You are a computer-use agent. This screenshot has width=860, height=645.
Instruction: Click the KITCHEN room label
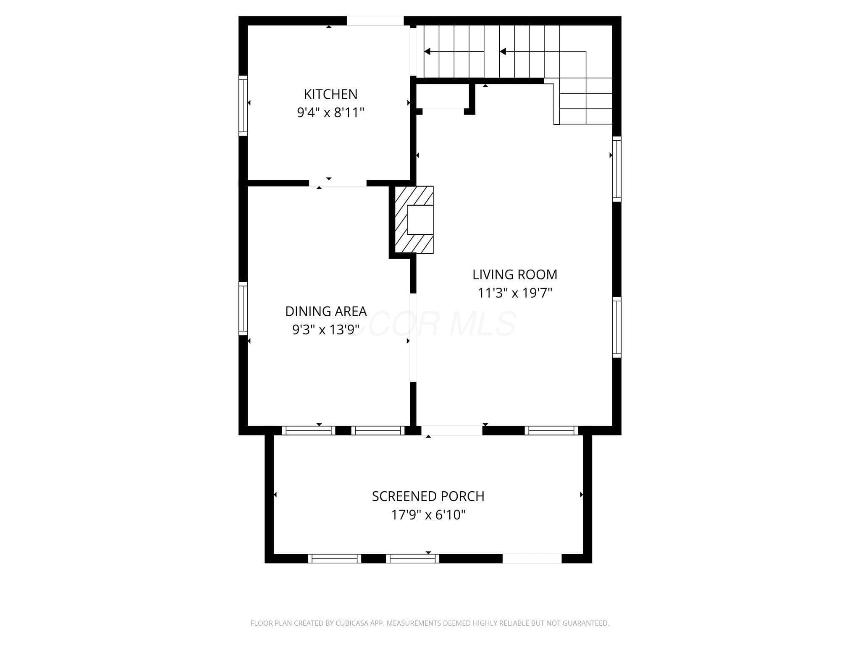click(x=330, y=94)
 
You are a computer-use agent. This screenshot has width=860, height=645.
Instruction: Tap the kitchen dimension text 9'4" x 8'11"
click(x=330, y=113)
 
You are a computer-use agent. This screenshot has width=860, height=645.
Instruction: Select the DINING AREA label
click(x=326, y=311)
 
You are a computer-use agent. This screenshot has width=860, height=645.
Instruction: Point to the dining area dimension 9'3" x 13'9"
click(x=326, y=330)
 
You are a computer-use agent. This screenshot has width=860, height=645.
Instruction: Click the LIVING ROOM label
click(x=515, y=274)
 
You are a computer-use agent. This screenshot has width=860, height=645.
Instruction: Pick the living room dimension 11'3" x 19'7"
click(x=515, y=293)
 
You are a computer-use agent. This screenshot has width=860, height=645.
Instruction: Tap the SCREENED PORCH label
click(x=428, y=496)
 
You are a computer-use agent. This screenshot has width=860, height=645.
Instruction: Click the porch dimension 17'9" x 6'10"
click(x=428, y=515)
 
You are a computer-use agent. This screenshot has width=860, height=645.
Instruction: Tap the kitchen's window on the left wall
click(x=243, y=106)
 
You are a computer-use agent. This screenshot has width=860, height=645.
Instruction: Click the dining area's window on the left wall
click(x=243, y=309)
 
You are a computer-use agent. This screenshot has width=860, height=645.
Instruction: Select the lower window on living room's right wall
click(x=616, y=327)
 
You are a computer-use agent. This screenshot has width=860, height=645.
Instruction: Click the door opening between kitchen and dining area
click(x=338, y=183)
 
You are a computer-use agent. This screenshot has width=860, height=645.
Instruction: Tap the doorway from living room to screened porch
click(x=452, y=430)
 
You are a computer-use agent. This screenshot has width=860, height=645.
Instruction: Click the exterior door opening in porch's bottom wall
click(x=532, y=558)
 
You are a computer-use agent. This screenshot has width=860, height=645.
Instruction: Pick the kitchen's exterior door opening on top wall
click(x=375, y=21)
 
